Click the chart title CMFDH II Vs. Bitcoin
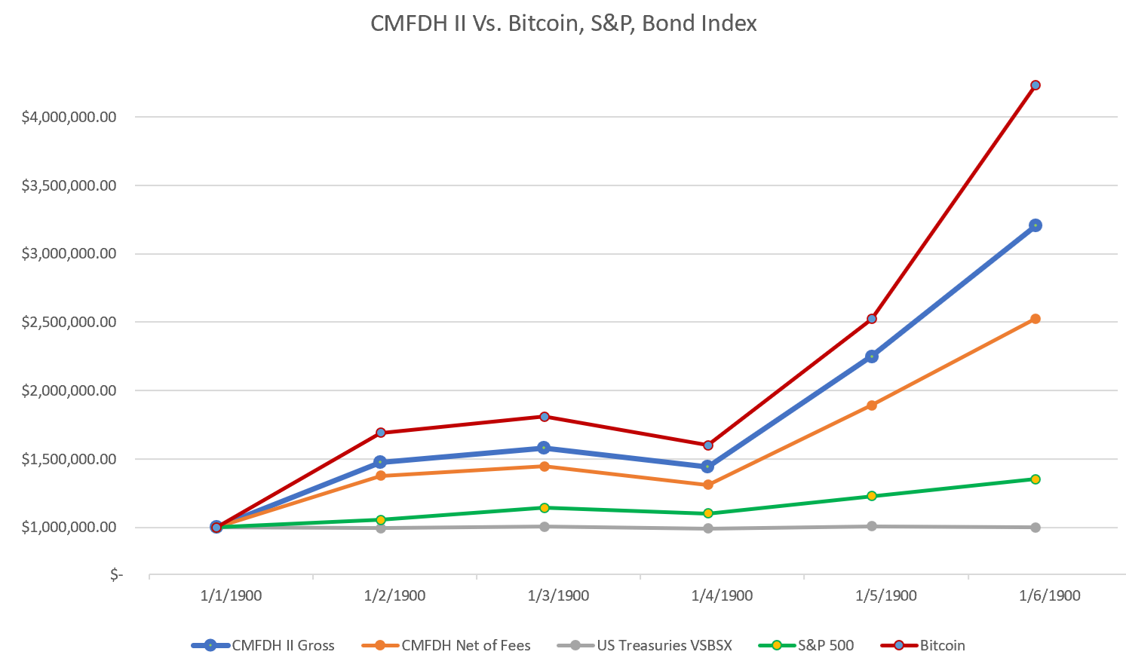(563, 23)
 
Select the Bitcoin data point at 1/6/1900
(1035, 85)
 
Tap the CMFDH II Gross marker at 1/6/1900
(1035, 225)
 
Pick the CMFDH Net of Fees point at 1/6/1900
(1035, 319)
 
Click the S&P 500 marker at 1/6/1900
(1035, 479)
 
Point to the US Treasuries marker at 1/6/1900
(1035, 528)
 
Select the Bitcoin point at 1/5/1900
(872, 319)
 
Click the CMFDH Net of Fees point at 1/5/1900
(872, 405)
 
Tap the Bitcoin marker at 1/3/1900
(545, 417)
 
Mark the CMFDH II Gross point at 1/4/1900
(708, 467)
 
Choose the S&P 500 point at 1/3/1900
(545, 508)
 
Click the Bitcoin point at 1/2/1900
(381, 433)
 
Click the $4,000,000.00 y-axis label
(69, 117)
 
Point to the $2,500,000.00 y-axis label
(69, 322)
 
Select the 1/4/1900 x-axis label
(722, 595)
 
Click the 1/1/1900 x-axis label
(231, 595)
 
